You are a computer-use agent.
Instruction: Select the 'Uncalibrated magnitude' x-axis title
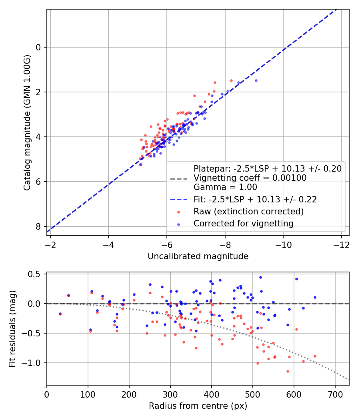(x=198, y=256)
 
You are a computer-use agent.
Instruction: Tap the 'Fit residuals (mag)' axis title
(x=12, y=329)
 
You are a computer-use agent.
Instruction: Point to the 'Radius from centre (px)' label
(x=198, y=406)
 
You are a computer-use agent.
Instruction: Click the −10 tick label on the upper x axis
(x=283, y=245)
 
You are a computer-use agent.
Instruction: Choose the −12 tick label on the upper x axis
(x=342, y=245)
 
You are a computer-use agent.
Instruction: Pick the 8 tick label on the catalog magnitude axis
(x=38, y=227)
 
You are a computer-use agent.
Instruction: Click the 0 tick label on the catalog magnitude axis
(x=38, y=48)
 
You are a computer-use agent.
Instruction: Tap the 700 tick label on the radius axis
(x=335, y=394)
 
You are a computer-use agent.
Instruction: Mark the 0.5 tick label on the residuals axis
(x=34, y=274)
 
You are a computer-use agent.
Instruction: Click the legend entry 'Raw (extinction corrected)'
(x=248, y=212)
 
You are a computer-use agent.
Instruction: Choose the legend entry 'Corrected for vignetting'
(x=244, y=223)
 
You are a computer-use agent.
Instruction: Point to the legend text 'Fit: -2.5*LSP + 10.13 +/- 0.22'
(x=255, y=200)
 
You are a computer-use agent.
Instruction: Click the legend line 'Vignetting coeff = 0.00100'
(x=250, y=178)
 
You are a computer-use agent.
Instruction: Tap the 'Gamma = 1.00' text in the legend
(x=225, y=187)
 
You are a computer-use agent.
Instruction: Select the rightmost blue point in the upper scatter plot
(x=256, y=81)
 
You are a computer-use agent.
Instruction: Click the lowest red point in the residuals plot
(x=288, y=372)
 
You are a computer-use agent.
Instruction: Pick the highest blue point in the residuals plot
(x=260, y=278)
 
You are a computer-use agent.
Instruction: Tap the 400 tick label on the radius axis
(x=212, y=394)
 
